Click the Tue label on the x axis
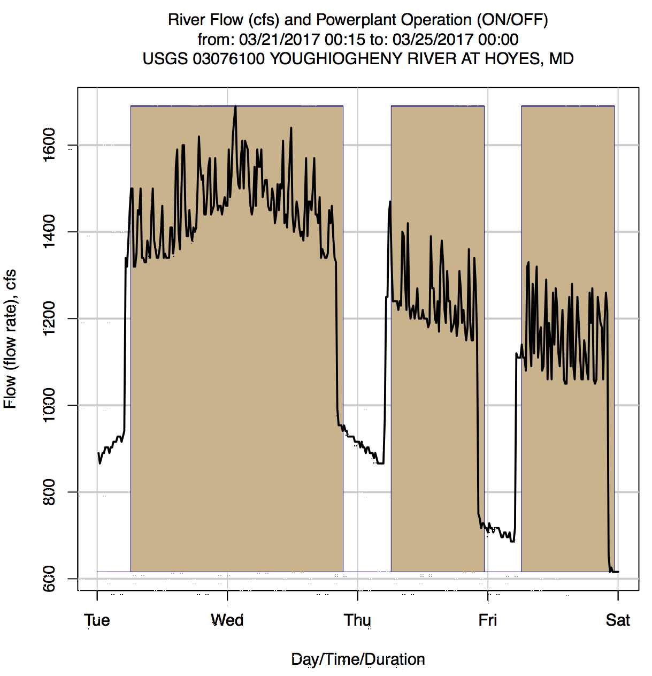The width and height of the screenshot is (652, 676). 97,620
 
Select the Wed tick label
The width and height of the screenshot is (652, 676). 227,620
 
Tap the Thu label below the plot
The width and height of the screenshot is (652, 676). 357,620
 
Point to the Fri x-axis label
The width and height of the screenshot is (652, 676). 488,620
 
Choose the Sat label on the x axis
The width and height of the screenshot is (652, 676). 618,620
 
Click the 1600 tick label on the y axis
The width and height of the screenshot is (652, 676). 49,145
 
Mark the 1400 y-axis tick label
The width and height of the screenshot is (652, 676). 49,231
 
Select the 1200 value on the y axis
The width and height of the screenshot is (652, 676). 49,318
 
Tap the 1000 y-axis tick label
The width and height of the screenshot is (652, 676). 49,405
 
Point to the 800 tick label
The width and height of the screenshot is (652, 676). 49,492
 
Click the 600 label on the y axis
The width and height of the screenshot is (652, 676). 49,579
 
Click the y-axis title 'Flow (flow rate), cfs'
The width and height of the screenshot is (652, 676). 10,339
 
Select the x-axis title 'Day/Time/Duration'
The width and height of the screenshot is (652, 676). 358,659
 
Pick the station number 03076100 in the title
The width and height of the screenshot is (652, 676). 228,58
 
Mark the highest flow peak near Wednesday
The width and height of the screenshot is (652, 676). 235,107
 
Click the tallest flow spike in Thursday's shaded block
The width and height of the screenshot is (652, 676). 390,202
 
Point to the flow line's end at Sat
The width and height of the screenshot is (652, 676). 618,572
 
